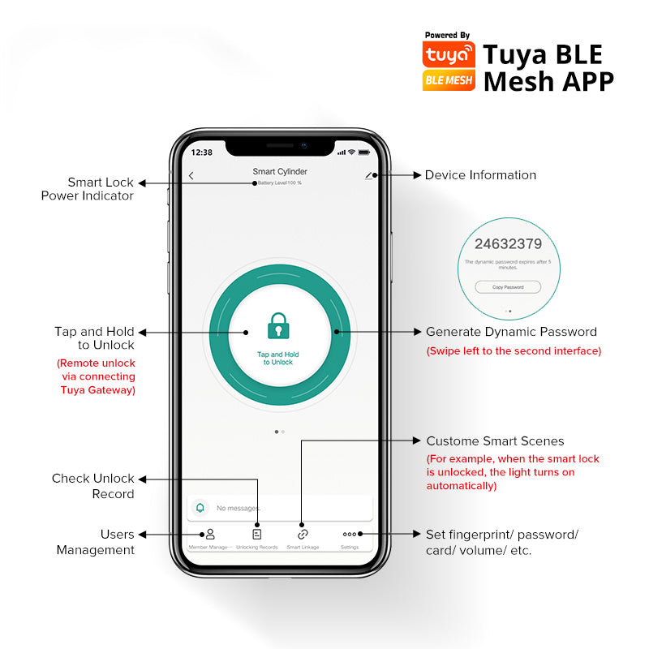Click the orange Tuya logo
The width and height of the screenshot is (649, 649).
click(449, 54)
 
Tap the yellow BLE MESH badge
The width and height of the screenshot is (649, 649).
click(449, 80)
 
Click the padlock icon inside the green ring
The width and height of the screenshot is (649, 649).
click(277, 326)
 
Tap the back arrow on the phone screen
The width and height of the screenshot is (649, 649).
click(191, 175)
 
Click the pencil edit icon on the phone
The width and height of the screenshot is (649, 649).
click(369, 174)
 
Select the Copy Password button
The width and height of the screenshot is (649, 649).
click(508, 287)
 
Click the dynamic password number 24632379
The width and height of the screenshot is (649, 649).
click(509, 243)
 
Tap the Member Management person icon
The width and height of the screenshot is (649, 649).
click(210, 534)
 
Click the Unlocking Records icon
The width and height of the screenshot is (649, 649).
click(257, 534)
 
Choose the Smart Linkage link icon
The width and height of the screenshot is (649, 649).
click(303, 534)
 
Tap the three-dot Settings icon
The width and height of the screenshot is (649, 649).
click(350, 534)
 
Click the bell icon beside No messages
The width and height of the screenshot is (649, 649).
click(200, 508)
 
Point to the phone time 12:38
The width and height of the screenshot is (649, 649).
click(201, 153)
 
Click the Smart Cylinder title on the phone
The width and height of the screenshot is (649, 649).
click(280, 171)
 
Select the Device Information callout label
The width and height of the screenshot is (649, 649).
click(480, 175)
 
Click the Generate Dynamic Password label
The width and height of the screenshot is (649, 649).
click(511, 332)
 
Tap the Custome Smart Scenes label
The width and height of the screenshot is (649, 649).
click(495, 441)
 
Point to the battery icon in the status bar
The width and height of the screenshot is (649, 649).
click(364, 153)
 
